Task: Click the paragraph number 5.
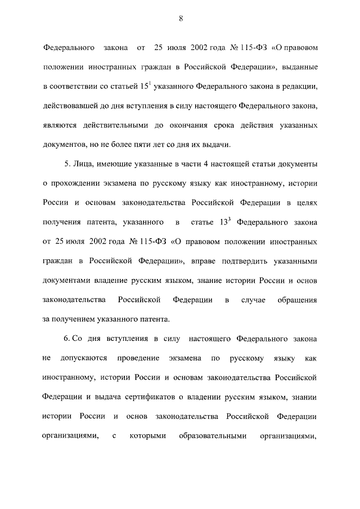[66, 164]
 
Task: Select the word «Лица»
[83, 164]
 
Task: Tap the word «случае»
[253, 300]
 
